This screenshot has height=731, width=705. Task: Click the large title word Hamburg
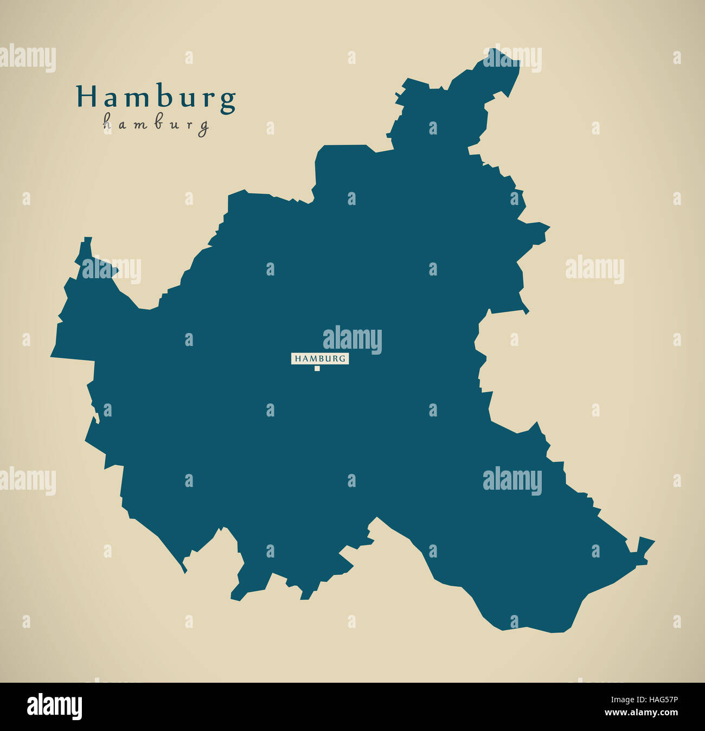point(156,98)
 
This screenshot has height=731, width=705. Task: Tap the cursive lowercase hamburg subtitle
point(156,125)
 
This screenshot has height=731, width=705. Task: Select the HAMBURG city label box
point(320,358)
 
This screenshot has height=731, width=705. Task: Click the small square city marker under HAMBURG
point(317,369)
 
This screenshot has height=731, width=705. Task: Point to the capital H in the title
point(85,97)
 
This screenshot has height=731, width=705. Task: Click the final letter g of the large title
point(228,101)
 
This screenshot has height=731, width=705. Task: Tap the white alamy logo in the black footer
point(54,707)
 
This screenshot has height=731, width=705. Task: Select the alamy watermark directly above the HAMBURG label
point(352,339)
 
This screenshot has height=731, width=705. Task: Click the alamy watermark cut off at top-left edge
point(27,59)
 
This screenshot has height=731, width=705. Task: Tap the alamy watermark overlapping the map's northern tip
point(512,59)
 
